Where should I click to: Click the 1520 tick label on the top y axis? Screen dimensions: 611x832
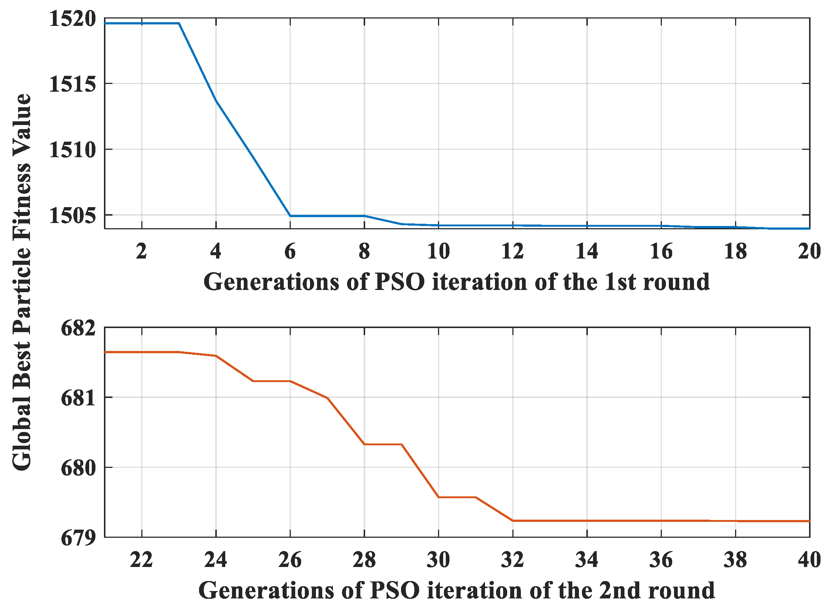point(72,18)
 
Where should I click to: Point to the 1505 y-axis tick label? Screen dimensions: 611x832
point(72,215)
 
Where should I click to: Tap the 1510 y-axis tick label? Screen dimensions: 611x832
point(72,150)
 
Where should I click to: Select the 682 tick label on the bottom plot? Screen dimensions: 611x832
point(78,328)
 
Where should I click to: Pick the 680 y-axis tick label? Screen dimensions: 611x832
point(78,468)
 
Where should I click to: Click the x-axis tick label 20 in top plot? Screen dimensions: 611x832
point(809,252)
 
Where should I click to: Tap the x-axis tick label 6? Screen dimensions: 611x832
point(290,252)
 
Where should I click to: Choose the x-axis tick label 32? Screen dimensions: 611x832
point(512,560)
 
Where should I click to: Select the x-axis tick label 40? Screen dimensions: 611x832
point(809,560)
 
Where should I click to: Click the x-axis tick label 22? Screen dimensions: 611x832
point(141,560)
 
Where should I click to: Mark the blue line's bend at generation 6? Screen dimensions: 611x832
point(290,216)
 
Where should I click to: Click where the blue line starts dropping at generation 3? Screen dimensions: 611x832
point(179,23)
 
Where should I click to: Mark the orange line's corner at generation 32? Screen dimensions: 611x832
point(513,520)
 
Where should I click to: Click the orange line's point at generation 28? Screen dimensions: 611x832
point(364,444)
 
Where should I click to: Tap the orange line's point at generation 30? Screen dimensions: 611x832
point(439,497)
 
